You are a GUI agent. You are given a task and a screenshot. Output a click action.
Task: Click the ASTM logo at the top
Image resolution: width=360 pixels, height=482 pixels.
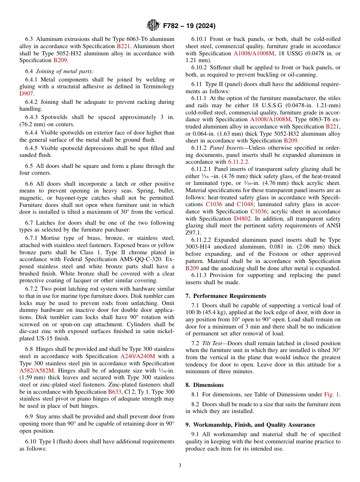click(153, 26)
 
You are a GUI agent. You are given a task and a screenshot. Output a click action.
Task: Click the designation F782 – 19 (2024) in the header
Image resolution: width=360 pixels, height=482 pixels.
click(189, 26)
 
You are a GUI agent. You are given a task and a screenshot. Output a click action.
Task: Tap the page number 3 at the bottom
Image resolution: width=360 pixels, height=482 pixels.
click(180, 466)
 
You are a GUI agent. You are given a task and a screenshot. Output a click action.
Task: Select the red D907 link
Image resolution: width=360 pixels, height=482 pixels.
click(27, 93)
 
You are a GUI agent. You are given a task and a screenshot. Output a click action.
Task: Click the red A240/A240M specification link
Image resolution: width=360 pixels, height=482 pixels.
click(138, 356)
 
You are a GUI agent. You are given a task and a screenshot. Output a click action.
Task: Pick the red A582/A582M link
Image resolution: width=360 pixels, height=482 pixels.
click(37, 371)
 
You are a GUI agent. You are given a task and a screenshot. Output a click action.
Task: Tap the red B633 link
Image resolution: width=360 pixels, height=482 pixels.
click(115, 392)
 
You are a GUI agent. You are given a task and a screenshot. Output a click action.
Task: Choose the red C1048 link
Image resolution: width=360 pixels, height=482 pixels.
click(245, 204)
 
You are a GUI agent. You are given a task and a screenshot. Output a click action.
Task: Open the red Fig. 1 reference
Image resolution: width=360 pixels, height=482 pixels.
click(332, 394)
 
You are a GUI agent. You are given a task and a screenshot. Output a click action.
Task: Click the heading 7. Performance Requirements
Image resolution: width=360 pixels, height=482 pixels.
click(226, 296)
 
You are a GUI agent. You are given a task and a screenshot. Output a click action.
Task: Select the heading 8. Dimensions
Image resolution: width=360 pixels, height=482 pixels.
click(204, 385)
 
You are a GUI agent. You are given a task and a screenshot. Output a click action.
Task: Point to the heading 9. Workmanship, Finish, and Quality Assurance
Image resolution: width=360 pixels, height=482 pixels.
click(250, 424)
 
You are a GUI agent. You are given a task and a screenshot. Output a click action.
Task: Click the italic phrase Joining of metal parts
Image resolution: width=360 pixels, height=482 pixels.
click(65, 71)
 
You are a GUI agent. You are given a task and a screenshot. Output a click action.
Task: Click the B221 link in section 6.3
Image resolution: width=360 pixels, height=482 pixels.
click(123, 46)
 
